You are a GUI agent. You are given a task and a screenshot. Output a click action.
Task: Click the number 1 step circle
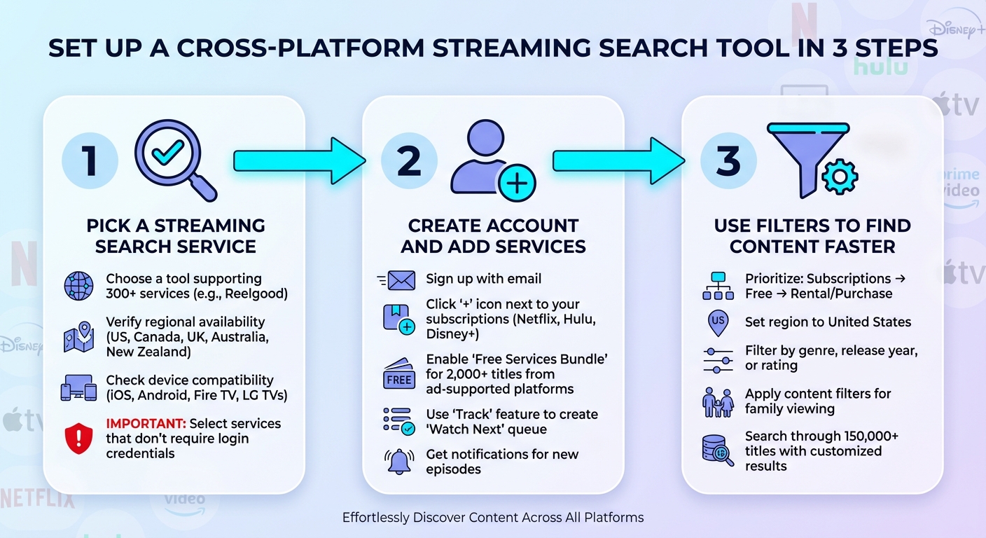click(90, 160)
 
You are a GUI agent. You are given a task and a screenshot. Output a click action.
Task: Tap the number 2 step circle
click(409, 160)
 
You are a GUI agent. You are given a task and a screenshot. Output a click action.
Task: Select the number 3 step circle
click(729, 160)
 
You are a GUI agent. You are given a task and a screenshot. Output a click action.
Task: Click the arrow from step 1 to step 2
click(299, 160)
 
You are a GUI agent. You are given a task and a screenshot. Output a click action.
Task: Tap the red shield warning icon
click(78, 439)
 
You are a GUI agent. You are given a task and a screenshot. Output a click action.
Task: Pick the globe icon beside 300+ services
click(78, 287)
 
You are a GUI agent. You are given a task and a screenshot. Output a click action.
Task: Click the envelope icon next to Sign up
click(399, 280)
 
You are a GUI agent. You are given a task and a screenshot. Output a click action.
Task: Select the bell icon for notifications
click(399, 461)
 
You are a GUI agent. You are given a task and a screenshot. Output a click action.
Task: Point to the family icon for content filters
click(718, 402)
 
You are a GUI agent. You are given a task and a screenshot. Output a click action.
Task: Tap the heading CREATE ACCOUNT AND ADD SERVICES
click(493, 236)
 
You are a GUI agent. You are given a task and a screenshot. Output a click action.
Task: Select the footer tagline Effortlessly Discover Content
click(492, 518)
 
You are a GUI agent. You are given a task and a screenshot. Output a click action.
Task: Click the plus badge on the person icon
click(517, 184)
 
